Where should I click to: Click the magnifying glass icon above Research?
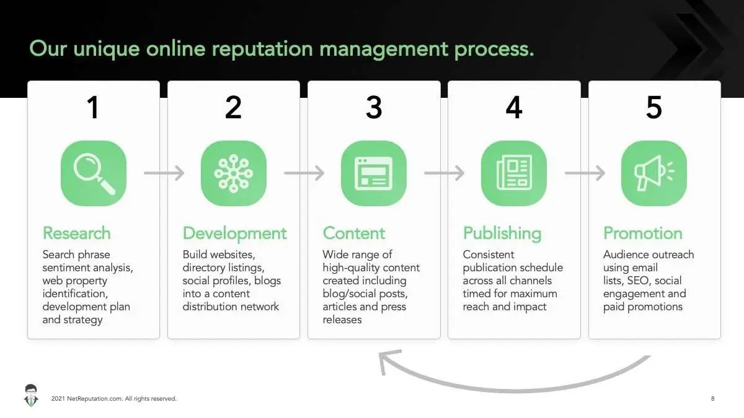pyautogui.click(x=94, y=173)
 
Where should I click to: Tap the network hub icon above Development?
pyautogui.click(x=234, y=173)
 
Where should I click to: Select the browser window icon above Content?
pyautogui.click(x=374, y=173)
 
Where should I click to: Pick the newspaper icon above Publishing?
pyautogui.click(x=514, y=173)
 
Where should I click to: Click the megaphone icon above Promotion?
pyautogui.click(x=654, y=173)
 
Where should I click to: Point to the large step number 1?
pyautogui.click(x=93, y=107)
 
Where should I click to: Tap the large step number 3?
pyautogui.click(x=374, y=107)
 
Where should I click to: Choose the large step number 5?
pyautogui.click(x=654, y=107)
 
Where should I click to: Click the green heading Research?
pyautogui.click(x=76, y=233)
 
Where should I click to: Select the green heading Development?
pyautogui.click(x=234, y=234)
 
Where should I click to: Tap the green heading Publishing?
pyautogui.click(x=502, y=234)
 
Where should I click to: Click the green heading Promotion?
pyautogui.click(x=643, y=233)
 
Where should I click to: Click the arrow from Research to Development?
pyautogui.click(x=164, y=173)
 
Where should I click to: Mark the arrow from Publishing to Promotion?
pyautogui.click(x=585, y=173)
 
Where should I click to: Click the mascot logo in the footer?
pyautogui.click(x=31, y=396)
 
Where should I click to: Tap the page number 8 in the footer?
pyautogui.click(x=712, y=398)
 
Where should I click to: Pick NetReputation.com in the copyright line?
pyautogui.click(x=95, y=398)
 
